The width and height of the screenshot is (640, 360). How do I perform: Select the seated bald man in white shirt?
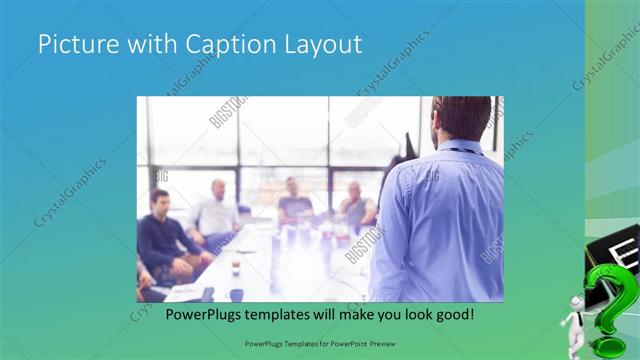217,210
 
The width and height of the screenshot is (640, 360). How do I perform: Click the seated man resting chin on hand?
355,205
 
